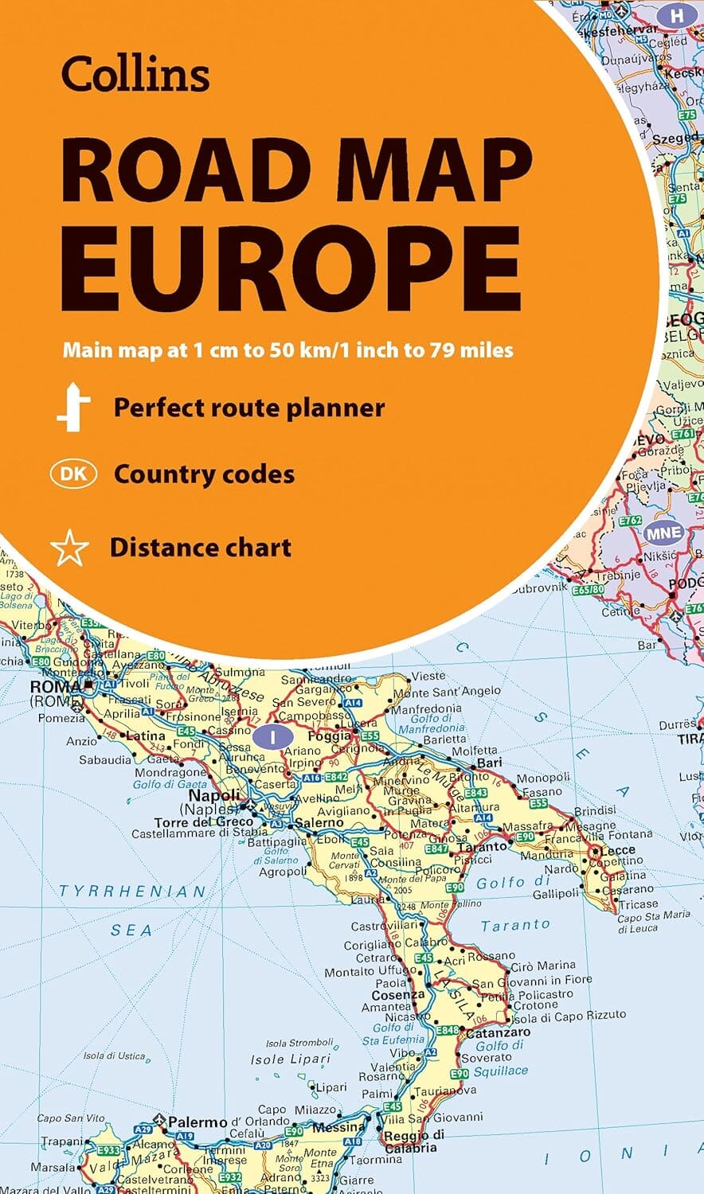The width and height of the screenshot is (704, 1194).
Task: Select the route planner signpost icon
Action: click(73, 407)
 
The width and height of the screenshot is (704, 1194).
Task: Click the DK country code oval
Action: click(73, 474)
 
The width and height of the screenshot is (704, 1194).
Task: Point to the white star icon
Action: click(69, 548)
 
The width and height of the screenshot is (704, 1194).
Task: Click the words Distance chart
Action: click(201, 548)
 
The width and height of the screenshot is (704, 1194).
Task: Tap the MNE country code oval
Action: click(663, 533)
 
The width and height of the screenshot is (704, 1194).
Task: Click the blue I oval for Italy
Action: click(273, 737)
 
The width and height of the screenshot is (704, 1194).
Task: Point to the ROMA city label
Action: click(56, 686)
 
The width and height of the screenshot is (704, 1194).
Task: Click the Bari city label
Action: click(489, 763)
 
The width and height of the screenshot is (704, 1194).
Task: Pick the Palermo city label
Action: click(198, 1122)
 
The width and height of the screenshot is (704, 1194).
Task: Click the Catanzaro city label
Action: click(498, 1032)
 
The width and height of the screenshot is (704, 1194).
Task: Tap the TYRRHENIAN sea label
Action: click(132, 892)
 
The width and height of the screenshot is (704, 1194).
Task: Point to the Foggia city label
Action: click(329, 736)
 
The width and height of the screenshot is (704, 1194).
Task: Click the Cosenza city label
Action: click(398, 995)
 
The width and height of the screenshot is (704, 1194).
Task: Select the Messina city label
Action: click(338, 1127)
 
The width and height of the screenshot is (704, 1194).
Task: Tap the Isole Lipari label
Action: click(290, 1059)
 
